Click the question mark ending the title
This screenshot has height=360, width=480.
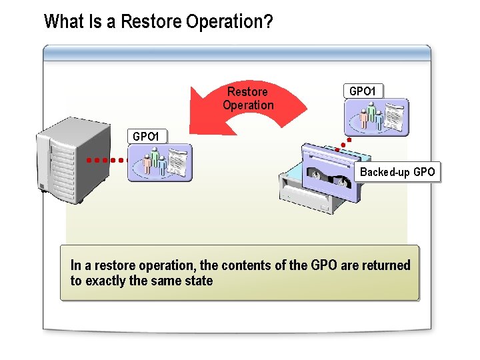pyautogui.click(x=268, y=22)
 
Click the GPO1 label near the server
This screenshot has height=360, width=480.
pyautogui.click(x=146, y=137)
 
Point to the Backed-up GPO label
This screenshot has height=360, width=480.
pyautogui.click(x=397, y=172)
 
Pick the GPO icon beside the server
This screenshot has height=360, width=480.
pyautogui.click(x=159, y=163)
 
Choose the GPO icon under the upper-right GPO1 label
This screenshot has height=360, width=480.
pyautogui.click(x=376, y=117)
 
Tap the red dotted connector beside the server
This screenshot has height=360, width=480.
pyautogui.click(x=106, y=160)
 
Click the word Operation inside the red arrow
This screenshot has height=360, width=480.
pyautogui.click(x=248, y=105)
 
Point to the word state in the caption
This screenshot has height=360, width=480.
pyautogui.click(x=199, y=281)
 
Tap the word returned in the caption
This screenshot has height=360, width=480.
pyautogui.click(x=386, y=265)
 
